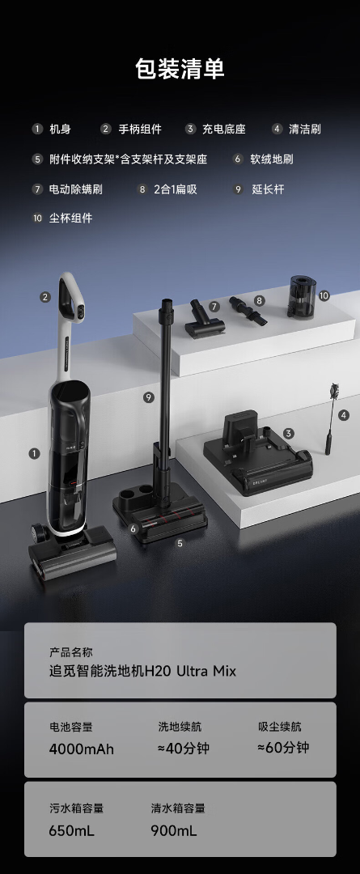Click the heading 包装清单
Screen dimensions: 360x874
[x=180, y=69]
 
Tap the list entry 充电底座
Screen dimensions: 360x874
[x=223, y=129]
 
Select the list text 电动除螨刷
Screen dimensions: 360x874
[x=76, y=189]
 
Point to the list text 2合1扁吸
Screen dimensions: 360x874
[x=176, y=189]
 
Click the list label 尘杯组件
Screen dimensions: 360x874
[x=70, y=218]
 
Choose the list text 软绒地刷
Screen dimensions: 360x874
[x=271, y=159]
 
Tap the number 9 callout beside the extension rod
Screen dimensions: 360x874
[x=148, y=397]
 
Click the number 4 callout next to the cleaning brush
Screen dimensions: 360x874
[x=344, y=415]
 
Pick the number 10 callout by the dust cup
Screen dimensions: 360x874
[x=324, y=295]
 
